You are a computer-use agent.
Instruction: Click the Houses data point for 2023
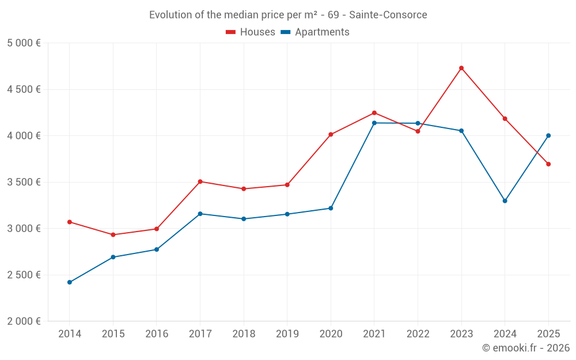click(x=461, y=68)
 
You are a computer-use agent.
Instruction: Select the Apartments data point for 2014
click(x=70, y=282)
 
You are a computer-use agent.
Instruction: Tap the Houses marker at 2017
click(x=200, y=181)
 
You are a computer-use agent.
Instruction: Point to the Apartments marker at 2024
click(x=505, y=201)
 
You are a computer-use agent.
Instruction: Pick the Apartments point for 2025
click(x=548, y=136)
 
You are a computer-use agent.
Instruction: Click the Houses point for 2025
click(x=548, y=164)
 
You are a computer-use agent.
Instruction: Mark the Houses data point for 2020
click(x=331, y=135)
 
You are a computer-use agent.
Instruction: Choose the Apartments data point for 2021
click(x=374, y=123)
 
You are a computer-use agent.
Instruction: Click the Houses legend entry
click(x=251, y=32)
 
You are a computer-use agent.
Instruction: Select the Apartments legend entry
click(x=315, y=32)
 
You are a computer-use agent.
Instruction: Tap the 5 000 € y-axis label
click(x=24, y=43)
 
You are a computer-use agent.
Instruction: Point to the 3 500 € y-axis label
click(x=24, y=182)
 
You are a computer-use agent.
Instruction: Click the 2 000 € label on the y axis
click(x=24, y=321)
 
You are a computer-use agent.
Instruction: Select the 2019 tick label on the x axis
click(x=287, y=334)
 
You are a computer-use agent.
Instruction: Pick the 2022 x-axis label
click(x=418, y=334)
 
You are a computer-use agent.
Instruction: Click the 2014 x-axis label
click(x=70, y=334)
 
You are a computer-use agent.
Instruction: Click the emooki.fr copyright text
click(x=525, y=348)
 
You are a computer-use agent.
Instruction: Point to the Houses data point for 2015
click(x=113, y=234)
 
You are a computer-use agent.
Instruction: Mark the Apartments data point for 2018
click(x=244, y=219)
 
